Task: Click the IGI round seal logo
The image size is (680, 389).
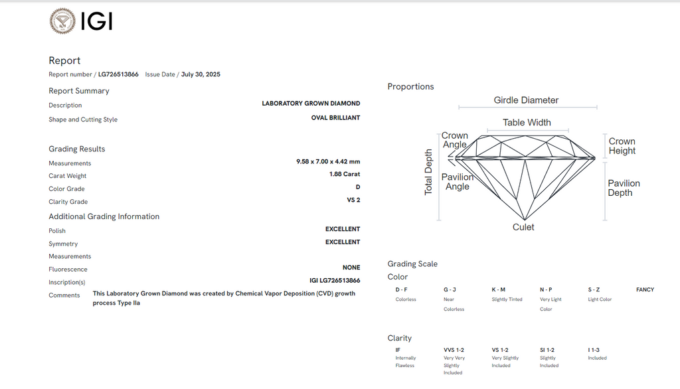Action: pyautogui.click(x=62, y=21)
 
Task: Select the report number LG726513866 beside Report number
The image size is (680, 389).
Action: pyautogui.click(x=118, y=74)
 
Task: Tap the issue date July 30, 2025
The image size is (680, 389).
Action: pyautogui.click(x=201, y=74)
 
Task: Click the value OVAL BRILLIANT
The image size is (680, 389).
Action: pyautogui.click(x=335, y=117)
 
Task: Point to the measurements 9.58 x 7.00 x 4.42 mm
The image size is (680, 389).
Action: pyautogui.click(x=328, y=161)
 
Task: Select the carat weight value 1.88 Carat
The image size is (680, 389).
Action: pyautogui.click(x=345, y=174)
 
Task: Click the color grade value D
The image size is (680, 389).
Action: pyautogui.click(x=358, y=187)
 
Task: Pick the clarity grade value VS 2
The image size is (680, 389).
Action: pyautogui.click(x=353, y=200)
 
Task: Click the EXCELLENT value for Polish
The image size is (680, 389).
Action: pyautogui.click(x=343, y=229)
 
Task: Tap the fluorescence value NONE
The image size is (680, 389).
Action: pyautogui.click(x=351, y=268)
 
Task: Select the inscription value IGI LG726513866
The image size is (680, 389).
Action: pyautogui.click(x=335, y=281)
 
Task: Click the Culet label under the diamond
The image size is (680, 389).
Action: pyautogui.click(x=523, y=227)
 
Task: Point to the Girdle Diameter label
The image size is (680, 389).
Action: pyautogui.click(x=526, y=100)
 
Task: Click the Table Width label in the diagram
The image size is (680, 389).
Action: pyautogui.click(x=527, y=122)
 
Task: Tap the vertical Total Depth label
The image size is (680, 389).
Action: pyautogui.click(x=428, y=172)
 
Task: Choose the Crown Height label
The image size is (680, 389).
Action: pyautogui.click(x=622, y=146)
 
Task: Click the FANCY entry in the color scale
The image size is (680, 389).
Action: pyautogui.click(x=645, y=289)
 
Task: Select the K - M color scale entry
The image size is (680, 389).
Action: pyautogui.click(x=498, y=289)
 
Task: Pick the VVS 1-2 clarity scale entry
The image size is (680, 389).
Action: pyautogui.click(x=454, y=350)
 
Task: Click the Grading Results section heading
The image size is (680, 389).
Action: pyautogui.click(x=77, y=149)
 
